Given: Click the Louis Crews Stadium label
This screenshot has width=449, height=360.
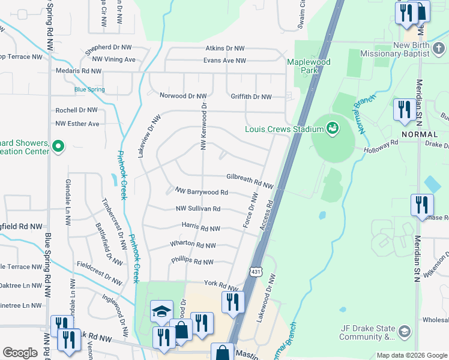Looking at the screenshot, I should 283,128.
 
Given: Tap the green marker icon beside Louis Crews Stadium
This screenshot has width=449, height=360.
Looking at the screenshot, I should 331,128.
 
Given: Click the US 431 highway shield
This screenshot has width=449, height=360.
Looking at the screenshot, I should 256,272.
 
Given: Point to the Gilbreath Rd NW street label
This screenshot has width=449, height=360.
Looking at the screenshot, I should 250,178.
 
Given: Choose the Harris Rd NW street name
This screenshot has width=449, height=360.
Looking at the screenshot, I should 200,229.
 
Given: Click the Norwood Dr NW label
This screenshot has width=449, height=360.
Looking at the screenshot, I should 182,96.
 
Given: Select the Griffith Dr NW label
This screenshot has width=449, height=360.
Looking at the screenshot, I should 251,97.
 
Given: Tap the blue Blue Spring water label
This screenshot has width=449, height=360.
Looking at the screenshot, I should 89,90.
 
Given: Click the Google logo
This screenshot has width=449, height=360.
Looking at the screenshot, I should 20,353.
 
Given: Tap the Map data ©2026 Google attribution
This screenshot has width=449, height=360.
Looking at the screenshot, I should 412,355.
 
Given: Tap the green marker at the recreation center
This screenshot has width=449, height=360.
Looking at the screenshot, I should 58,146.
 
